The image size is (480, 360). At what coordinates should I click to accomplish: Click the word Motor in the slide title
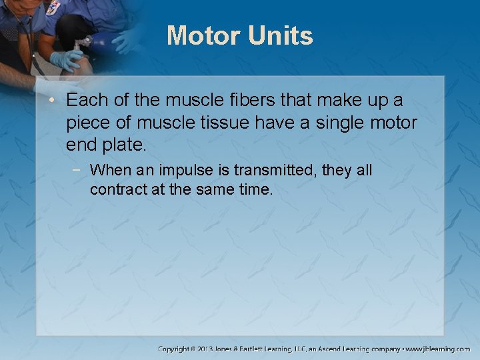[x=204, y=35]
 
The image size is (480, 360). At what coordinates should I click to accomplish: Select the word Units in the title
[x=281, y=35]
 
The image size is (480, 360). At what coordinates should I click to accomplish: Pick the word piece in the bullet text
[x=86, y=123]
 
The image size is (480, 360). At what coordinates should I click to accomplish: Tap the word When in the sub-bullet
[x=109, y=171]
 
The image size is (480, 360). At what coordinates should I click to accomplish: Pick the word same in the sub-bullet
[x=218, y=189]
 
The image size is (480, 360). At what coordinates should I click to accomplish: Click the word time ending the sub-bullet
[x=256, y=189]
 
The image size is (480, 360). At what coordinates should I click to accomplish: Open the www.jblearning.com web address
[x=441, y=349]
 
